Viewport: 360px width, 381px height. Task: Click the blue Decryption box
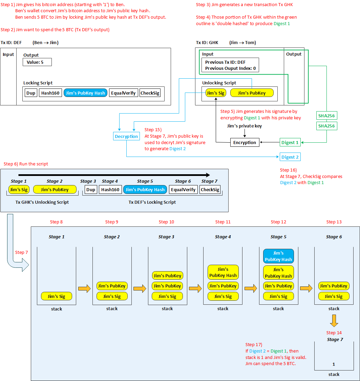pos(126,136)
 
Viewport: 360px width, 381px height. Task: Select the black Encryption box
pos(245,142)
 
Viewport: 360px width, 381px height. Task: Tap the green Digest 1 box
pos(290,142)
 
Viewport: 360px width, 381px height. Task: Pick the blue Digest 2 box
pos(290,157)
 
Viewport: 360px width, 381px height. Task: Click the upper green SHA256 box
pos(326,116)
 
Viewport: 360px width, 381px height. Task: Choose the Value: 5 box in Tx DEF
pos(37,62)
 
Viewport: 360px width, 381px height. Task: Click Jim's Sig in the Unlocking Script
pos(216,93)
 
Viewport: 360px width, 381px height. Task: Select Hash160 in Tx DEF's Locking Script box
pos(50,93)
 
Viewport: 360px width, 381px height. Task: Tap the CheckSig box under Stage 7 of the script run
pos(210,189)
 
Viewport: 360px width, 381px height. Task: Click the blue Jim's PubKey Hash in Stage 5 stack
pos(278,256)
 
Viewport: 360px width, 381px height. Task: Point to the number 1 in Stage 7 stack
pos(334,364)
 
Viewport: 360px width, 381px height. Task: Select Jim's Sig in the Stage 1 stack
pos(57,296)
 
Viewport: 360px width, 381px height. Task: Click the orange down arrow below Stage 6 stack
pos(334,321)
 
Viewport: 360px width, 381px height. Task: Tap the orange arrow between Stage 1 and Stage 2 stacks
pos(84,288)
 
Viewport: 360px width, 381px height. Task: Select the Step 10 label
pos(166,222)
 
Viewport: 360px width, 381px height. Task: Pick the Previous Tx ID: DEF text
pos(225,62)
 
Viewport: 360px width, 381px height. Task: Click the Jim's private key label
pos(245,126)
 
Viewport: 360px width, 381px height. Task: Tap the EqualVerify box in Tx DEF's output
pos(123,93)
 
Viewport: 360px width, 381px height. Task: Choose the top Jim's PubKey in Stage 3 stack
pos(168,276)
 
